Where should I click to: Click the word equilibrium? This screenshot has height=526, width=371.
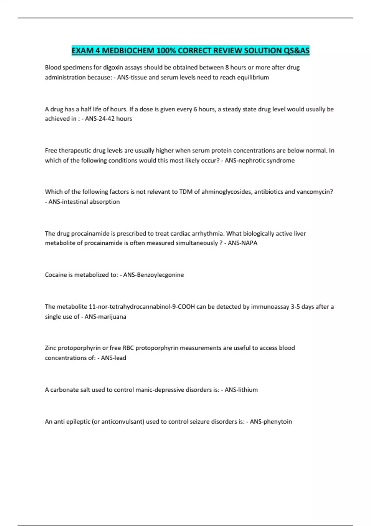pos(253,77)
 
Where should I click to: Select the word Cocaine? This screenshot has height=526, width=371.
pos(56,275)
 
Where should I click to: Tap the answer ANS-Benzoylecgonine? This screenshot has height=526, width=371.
pos(153,275)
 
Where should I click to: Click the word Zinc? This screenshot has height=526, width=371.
pos(50,348)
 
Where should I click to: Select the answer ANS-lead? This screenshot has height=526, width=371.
pos(113,358)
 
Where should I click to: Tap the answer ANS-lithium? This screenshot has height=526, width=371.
pos(241,390)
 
